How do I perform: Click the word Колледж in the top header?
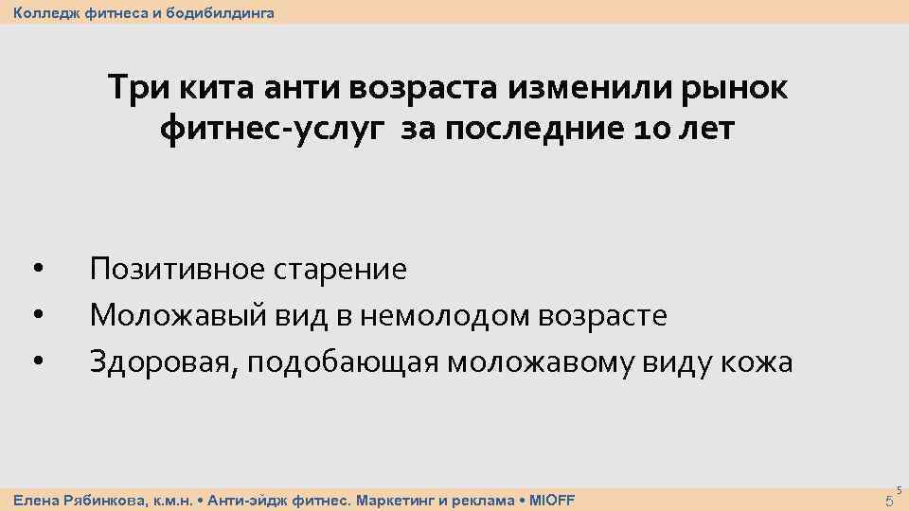click(x=42, y=12)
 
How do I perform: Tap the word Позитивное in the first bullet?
click(x=177, y=270)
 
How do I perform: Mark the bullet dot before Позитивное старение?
click(x=36, y=269)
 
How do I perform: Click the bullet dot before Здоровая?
click(x=36, y=360)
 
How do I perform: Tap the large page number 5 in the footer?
click(x=887, y=501)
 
